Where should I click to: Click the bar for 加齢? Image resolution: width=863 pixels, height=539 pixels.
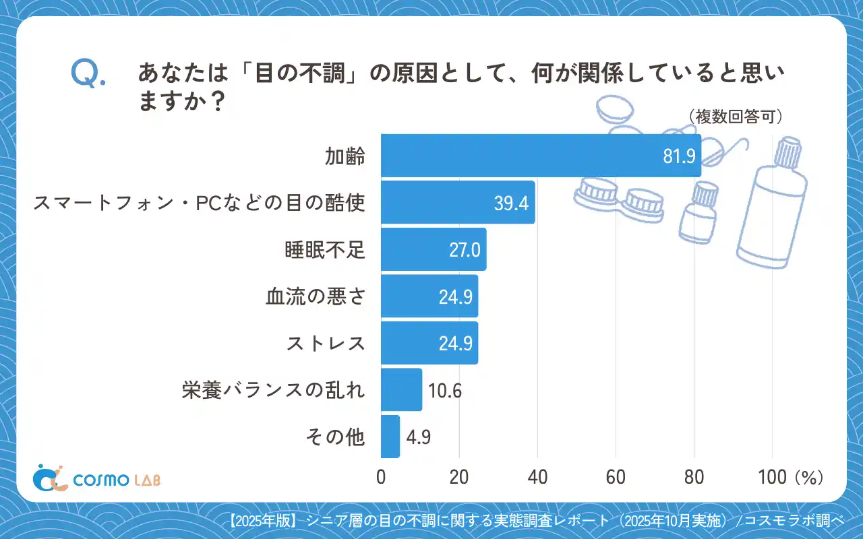[x=541, y=156]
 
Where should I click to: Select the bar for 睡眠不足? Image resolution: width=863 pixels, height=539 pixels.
[x=434, y=249]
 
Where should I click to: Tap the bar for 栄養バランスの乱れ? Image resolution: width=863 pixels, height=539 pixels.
[x=401, y=389]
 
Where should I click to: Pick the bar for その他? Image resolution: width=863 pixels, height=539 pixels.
[x=390, y=437]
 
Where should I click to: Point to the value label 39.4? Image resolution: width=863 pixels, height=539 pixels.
[x=511, y=203]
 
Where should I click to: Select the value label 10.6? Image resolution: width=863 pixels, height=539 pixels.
[x=445, y=390]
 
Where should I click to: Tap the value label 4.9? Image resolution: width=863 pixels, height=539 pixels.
[x=419, y=437]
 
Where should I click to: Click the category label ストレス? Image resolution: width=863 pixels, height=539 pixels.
[x=326, y=343]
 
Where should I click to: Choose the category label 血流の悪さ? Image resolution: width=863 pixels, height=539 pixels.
[x=316, y=296]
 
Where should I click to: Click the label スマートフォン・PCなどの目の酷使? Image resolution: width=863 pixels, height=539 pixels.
[x=200, y=203]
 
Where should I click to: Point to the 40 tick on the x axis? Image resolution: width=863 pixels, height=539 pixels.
[x=537, y=477]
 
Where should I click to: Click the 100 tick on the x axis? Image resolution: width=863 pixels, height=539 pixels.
[x=772, y=477]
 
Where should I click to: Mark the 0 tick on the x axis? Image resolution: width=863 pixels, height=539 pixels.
[x=381, y=477]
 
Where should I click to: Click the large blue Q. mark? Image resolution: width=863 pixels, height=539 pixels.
[x=88, y=74]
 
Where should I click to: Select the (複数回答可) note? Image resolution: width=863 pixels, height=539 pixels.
[x=735, y=117]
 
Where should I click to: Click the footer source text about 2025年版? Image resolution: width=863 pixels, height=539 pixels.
[x=536, y=520]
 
